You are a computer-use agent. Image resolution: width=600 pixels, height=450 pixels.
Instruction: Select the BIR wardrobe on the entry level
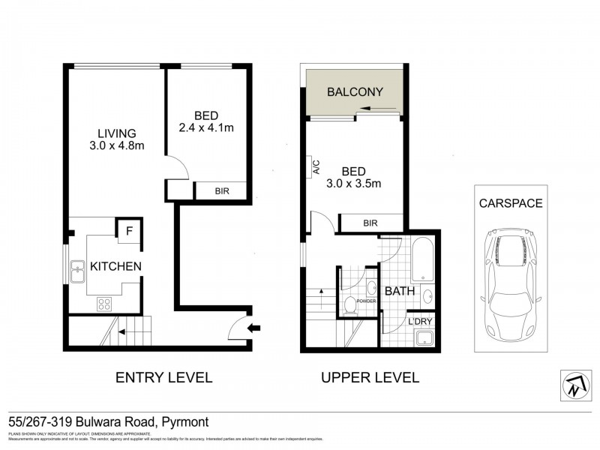[221, 191]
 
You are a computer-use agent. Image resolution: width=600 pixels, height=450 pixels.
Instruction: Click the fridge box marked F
[129, 231]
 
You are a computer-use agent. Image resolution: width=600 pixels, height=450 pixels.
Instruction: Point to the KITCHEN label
[115, 266]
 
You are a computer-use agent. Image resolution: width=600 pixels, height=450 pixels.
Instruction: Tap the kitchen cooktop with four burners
[104, 304]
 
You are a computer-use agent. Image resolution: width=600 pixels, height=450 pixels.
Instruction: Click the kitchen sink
[78, 272]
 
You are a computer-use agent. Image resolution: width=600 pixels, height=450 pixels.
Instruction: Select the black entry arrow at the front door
[255, 327]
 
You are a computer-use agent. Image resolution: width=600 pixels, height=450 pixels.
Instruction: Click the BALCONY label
[355, 92]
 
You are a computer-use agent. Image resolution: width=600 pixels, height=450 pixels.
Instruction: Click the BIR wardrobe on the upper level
[370, 223]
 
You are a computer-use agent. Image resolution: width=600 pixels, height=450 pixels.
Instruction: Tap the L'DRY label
[420, 322]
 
